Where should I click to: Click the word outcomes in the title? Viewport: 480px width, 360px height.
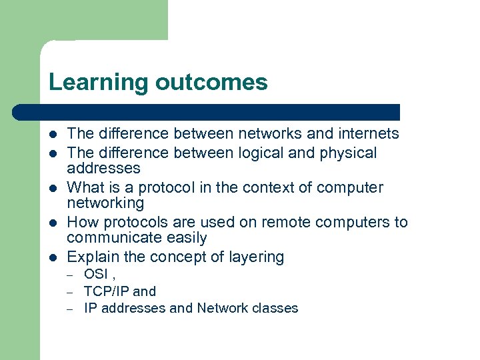point(211,83)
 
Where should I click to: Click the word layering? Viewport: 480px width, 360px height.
point(257,257)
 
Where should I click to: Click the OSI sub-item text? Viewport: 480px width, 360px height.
point(96,274)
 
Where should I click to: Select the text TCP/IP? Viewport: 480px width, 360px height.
point(107,291)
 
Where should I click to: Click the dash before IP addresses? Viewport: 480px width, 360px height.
point(69,309)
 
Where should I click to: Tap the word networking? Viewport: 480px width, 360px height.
point(105,203)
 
